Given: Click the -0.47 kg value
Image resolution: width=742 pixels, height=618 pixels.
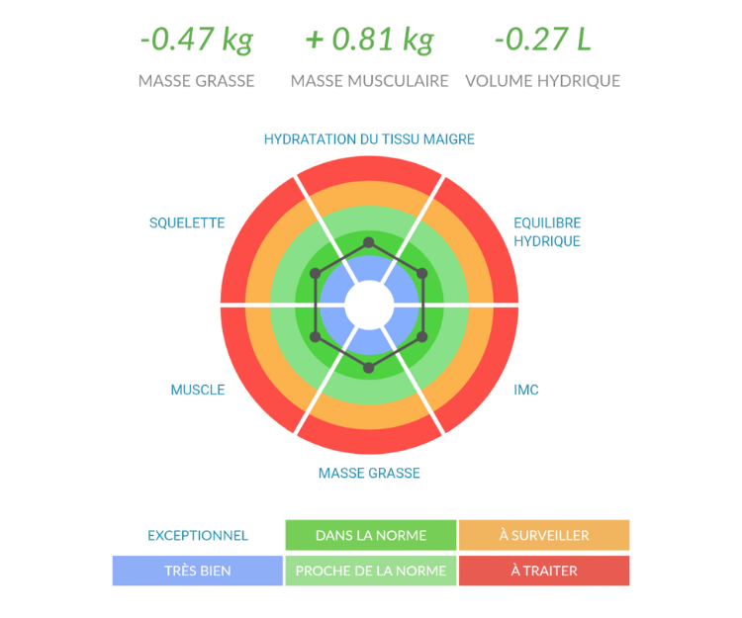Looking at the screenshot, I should click(x=197, y=41).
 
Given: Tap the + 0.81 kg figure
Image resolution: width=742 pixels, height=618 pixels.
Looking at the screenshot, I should click(x=370, y=41).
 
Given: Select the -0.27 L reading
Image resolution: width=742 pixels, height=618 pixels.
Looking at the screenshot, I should click(x=542, y=41).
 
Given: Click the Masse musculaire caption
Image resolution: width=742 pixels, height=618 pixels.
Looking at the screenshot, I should click(x=370, y=81).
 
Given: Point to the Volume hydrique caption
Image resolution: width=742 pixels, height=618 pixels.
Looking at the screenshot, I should click(x=542, y=81).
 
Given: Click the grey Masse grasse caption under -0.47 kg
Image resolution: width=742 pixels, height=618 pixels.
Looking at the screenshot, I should click(x=197, y=81).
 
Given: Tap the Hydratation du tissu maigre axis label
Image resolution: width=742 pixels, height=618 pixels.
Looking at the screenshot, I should click(x=370, y=139).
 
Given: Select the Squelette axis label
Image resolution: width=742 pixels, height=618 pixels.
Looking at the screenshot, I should click(x=187, y=222).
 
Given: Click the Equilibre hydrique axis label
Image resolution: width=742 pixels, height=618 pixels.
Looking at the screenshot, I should click(x=547, y=231).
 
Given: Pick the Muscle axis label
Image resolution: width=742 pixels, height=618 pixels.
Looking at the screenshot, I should click(x=198, y=389).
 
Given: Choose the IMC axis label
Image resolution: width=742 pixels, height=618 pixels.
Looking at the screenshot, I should click(x=526, y=389).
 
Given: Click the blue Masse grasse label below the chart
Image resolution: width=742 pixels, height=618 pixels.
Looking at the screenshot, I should click(x=370, y=473).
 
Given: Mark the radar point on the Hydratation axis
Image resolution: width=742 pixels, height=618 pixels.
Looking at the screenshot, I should click(x=369, y=242).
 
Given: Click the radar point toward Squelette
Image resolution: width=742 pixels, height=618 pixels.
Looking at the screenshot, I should click(x=316, y=273).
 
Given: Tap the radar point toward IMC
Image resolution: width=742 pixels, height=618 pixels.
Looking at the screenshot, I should click(x=422, y=337).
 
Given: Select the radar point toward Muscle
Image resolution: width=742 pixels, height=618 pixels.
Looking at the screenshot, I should click(x=316, y=337).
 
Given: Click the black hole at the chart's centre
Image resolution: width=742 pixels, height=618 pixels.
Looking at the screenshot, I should click(x=369, y=305).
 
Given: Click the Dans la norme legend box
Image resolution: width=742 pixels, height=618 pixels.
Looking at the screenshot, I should click(x=370, y=535).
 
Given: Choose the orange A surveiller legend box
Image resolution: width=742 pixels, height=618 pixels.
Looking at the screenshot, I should click(x=544, y=535).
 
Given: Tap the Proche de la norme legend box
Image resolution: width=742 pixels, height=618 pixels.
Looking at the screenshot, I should click(x=370, y=571).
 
